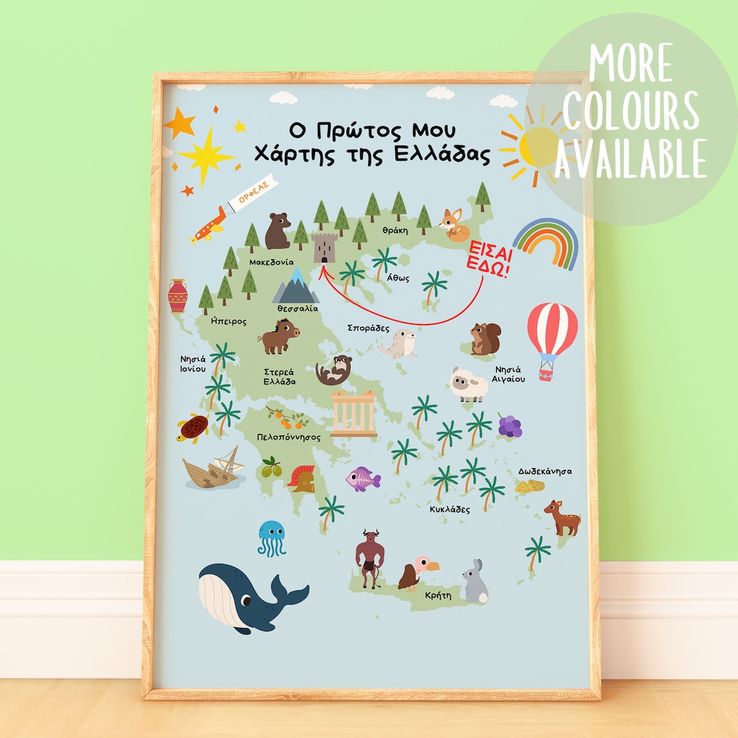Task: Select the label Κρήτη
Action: (438, 595)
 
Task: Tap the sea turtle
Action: (194, 428)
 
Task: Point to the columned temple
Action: (353, 413)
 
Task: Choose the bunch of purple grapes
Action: (509, 426)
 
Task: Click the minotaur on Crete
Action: (370, 558)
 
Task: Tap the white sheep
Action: (469, 385)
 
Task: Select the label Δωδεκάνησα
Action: (545, 471)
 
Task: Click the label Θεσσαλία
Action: (297, 309)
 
